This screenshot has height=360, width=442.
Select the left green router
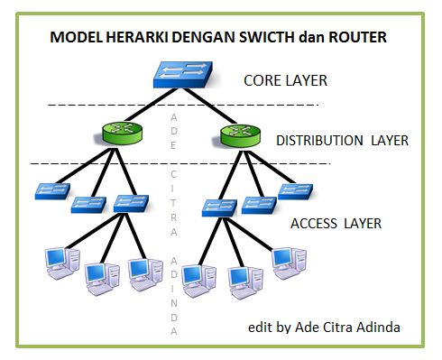(119, 136)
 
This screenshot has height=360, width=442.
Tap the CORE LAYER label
(285, 81)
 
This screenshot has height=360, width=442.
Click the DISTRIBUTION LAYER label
(342, 141)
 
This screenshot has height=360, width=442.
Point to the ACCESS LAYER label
(336, 223)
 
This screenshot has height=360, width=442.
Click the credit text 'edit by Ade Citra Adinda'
(325, 326)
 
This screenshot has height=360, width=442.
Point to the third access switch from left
(133, 202)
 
